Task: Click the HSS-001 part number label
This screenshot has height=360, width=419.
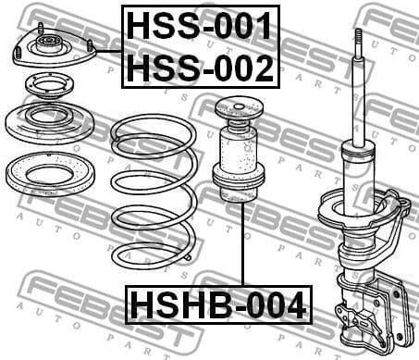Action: pos(200,26)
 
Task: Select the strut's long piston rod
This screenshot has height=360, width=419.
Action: pos(357,93)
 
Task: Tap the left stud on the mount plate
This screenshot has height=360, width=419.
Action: pos(41,29)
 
